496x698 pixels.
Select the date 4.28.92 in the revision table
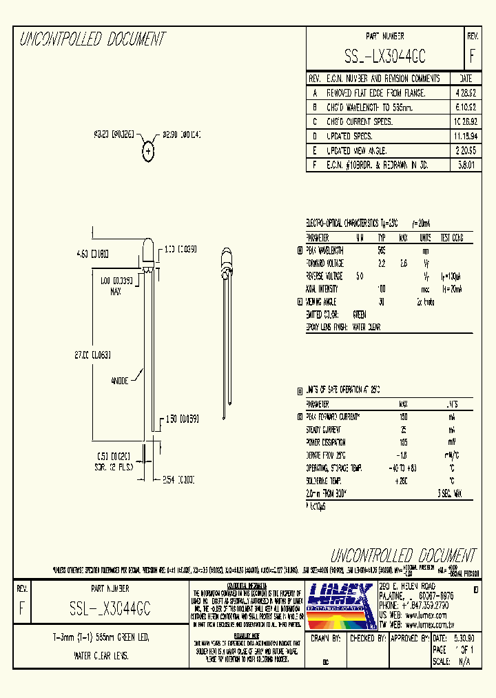(x=465, y=92)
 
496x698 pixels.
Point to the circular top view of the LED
(x=148, y=152)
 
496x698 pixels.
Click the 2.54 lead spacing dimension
(x=178, y=480)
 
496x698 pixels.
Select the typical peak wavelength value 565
(x=382, y=250)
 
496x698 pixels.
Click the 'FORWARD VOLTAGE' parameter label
(x=325, y=263)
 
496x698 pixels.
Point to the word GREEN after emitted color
(x=360, y=315)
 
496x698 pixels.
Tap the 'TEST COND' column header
(x=452, y=237)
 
